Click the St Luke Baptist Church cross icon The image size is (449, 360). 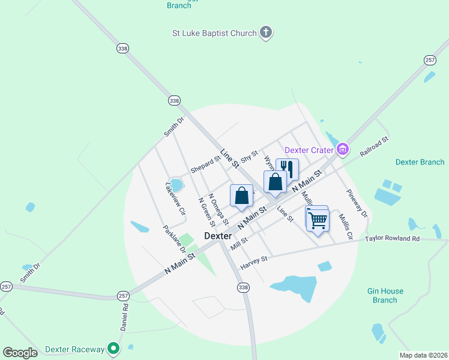266,33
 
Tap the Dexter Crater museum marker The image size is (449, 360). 342,149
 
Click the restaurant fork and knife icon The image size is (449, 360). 287,169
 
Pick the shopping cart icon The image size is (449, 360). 317,220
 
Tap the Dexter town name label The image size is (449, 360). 218,236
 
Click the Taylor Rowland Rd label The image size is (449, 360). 393,239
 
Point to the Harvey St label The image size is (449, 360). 253,262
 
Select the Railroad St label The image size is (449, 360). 375,147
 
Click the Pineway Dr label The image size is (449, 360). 356,203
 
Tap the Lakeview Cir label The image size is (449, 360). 173,199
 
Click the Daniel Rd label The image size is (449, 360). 124,317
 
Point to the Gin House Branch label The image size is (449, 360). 385,295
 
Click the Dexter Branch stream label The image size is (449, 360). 420,162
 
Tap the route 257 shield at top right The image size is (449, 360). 430,60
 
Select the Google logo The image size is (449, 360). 20,353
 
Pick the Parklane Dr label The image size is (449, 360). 174,239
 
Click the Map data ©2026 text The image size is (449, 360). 423,355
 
